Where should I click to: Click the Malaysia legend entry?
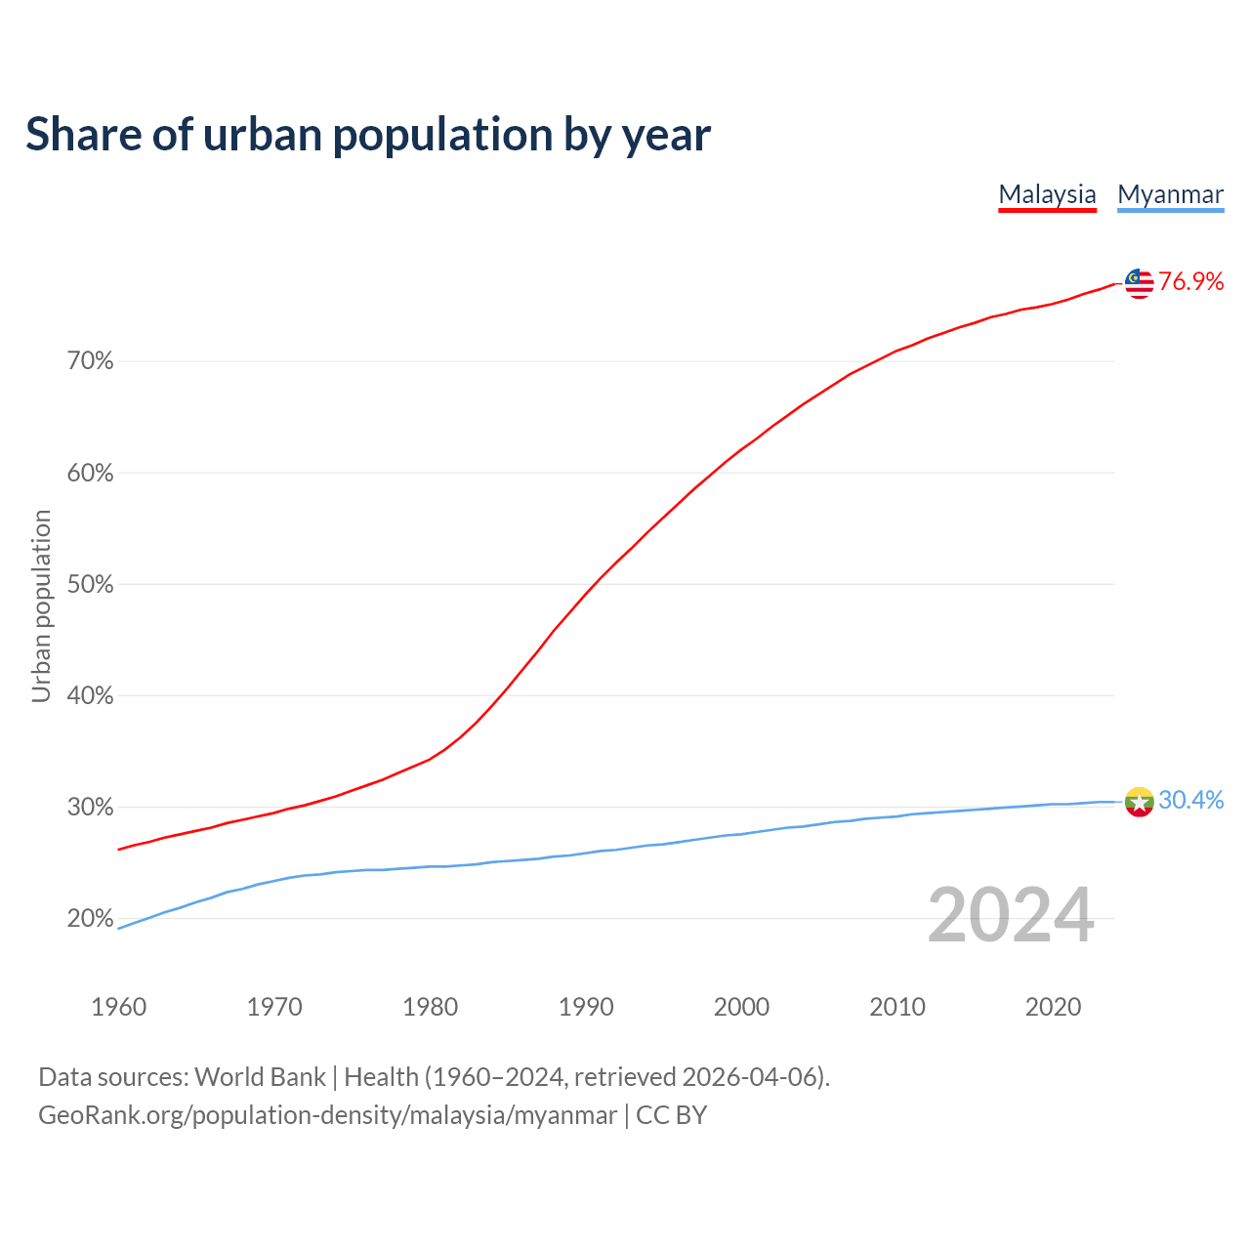[1047, 194]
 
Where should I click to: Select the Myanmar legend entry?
[1170, 194]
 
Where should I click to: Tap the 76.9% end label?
[1190, 282]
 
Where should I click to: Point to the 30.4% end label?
[1190, 801]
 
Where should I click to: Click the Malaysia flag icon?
[1139, 283]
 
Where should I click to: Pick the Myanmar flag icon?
[1139, 802]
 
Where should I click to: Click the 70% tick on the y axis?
[91, 361]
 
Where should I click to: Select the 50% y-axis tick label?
[91, 585]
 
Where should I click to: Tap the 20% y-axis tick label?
[91, 919]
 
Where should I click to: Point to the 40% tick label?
[91, 696]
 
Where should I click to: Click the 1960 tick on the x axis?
[119, 1007]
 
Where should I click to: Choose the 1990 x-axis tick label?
[586, 1007]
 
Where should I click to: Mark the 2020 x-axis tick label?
[1053, 1007]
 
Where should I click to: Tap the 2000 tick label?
[741, 1007]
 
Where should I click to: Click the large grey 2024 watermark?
[1010, 916]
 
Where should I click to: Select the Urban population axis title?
[41, 605]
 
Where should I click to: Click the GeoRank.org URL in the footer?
[327, 1115]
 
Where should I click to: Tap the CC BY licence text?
[671, 1115]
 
